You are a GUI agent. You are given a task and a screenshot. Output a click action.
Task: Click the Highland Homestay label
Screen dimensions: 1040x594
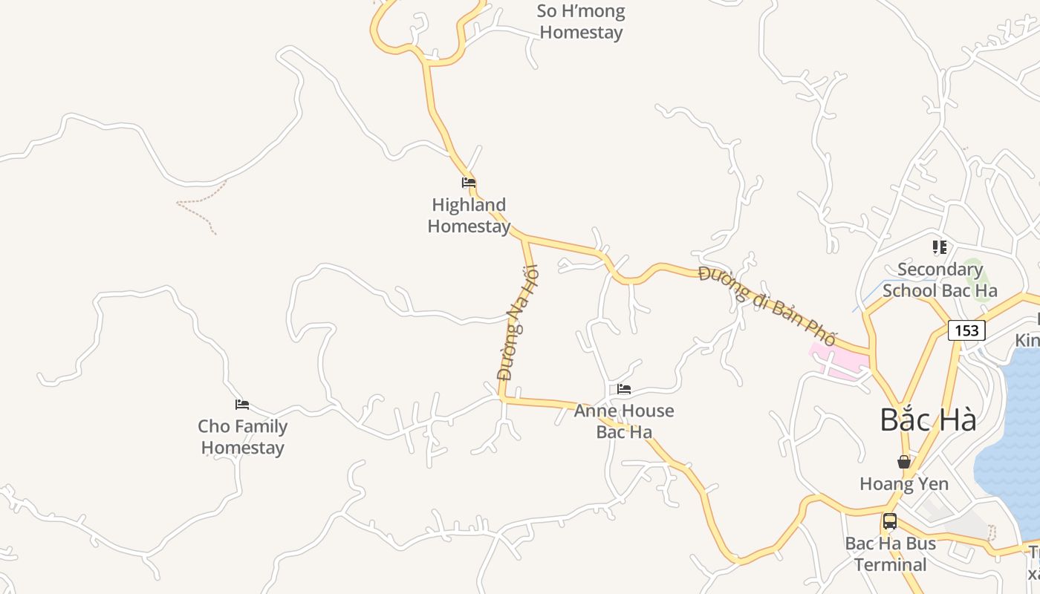pyautogui.click(x=469, y=215)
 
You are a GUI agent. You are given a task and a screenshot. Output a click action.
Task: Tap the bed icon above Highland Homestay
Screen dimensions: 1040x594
pyautogui.click(x=469, y=182)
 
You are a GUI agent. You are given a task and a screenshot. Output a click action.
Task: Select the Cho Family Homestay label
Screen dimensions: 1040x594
pyautogui.click(x=243, y=437)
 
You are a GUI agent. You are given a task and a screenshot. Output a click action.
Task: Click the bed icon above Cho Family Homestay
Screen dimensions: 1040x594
pyautogui.click(x=242, y=404)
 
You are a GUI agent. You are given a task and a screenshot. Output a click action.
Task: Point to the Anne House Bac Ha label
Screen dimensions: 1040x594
pyautogui.click(x=624, y=421)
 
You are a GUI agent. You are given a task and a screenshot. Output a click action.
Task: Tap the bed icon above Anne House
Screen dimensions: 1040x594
pyautogui.click(x=624, y=388)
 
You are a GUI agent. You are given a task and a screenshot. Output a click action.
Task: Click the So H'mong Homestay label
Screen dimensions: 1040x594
pyautogui.click(x=581, y=22)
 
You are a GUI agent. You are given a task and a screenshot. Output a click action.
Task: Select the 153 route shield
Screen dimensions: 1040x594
pyautogui.click(x=966, y=330)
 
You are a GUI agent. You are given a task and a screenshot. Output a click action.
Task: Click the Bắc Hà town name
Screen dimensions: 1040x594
pyautogui.click(x=928, y=420)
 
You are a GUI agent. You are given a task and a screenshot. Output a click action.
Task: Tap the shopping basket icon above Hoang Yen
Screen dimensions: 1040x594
pyautogui.click(x=904, y=462)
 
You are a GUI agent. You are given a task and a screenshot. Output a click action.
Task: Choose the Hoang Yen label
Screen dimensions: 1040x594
pyautogui.click(x=904, y=484)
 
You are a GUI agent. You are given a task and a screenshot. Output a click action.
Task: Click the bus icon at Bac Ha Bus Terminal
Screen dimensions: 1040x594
pyautogui.click(x=890, y=521)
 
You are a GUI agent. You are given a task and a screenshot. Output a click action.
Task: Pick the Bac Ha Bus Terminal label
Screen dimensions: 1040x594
pyautogui.click(x=890, y=554)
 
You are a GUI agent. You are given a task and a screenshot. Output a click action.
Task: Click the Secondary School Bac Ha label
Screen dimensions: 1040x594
pyautogui.click(x=940, y=279)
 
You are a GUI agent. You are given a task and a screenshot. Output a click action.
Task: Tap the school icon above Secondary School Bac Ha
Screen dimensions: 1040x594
pyautogui.click(x=940, y=247)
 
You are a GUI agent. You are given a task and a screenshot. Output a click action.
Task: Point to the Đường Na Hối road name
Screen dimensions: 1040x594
pyautogui.click(x=517, y=323)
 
